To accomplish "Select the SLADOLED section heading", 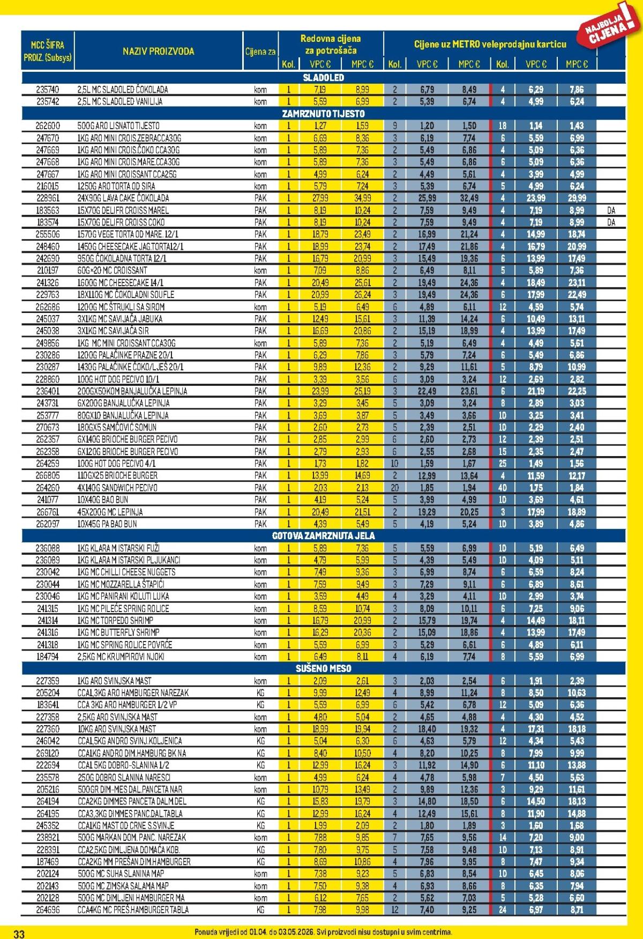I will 323,78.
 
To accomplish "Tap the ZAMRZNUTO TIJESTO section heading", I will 323,114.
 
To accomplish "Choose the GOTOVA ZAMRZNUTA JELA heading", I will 323,535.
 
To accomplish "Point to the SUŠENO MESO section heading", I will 323,668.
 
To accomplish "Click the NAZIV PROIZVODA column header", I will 158,51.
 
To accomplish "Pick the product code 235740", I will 48,90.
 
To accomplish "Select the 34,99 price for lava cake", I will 362,198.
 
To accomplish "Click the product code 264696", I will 48,910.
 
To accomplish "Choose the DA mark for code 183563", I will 611,211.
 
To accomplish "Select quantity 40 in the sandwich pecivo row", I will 502,488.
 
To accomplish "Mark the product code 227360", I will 48,729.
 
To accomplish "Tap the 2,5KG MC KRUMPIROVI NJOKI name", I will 121,657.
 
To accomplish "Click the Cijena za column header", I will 260,52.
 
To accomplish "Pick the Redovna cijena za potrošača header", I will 330,44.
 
